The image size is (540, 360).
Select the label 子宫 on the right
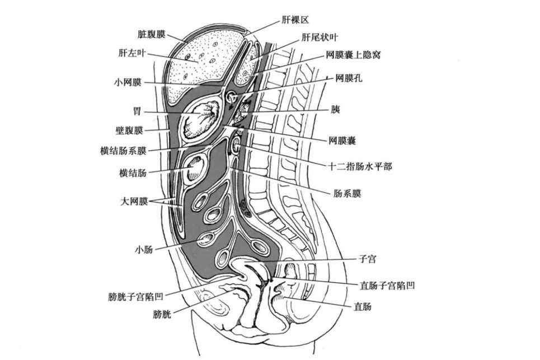coord(367,260)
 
